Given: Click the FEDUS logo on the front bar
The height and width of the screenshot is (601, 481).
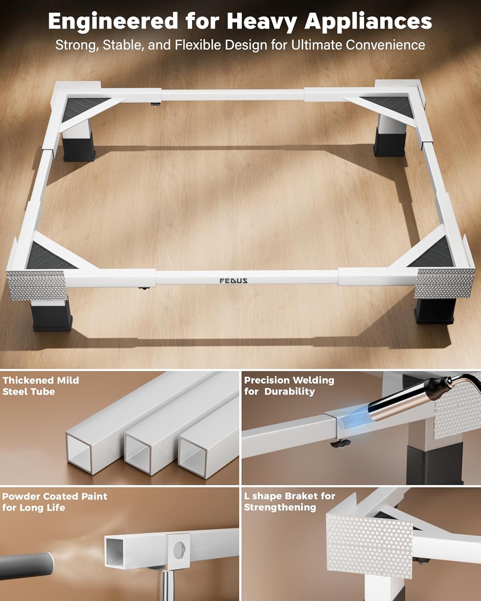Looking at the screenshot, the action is (233, 281).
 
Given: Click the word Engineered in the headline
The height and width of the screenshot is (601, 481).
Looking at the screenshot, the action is (113, 21).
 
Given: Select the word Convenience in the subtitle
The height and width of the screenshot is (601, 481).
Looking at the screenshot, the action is (386, 45).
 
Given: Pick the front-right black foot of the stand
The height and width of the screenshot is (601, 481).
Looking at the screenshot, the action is (435, 311).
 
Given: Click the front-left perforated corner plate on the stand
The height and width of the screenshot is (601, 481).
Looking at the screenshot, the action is (37, 285).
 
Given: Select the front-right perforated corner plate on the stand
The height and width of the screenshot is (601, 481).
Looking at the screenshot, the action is (445, 283).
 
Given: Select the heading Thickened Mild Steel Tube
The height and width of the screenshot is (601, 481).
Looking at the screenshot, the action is (41, 386).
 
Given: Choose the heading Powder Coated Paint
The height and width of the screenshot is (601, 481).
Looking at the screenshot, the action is (55, 496).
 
